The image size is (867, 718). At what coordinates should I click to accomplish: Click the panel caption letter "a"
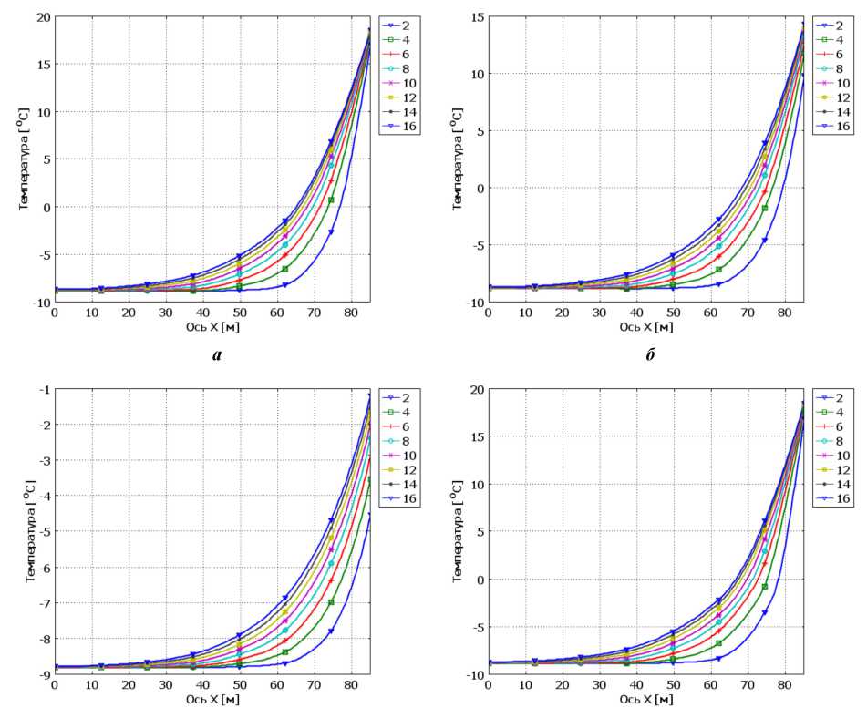pyautogui.click(x=216, y=355)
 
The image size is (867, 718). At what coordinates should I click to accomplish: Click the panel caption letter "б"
pyautogui.click(x=650, y=355)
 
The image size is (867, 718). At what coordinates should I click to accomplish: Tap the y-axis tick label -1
pyautogui.click(x=42, y=389)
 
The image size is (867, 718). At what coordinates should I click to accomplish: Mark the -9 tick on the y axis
pyautogui.click(x=42, y=674)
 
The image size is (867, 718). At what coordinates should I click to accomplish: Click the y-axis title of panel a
pyautogui.click(x=25, y=159)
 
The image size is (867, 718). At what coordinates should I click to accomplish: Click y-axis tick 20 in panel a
pyautogui.click(x=40, y=17)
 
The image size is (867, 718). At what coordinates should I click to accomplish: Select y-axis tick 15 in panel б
pyautogui.click(x=475, y=17)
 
